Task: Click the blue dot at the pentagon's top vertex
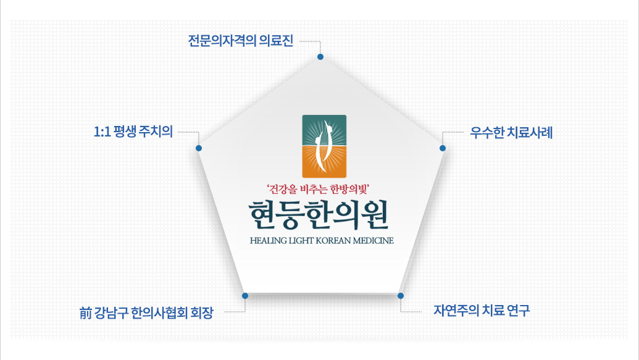click(320, 57)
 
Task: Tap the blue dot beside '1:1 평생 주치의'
click(199, 148)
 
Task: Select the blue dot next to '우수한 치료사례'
click(443, 148)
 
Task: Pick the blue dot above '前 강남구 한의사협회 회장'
click(245, 296)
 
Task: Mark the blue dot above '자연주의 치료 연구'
click(401, 296)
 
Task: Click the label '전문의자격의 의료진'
click(240, 41)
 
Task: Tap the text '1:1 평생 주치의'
click(133, 132)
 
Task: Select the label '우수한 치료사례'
click(511, 133)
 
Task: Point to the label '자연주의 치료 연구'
click(482, 311)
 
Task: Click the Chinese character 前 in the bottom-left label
click(85, 313)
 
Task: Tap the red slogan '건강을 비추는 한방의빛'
click(318, 189)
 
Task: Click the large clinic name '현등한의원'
click(319, 215)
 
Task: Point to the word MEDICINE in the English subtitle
click(374, 241)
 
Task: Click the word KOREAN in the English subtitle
click(333, 241)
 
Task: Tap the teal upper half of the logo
click(324, 130)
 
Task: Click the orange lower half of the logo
click(324, 162)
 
